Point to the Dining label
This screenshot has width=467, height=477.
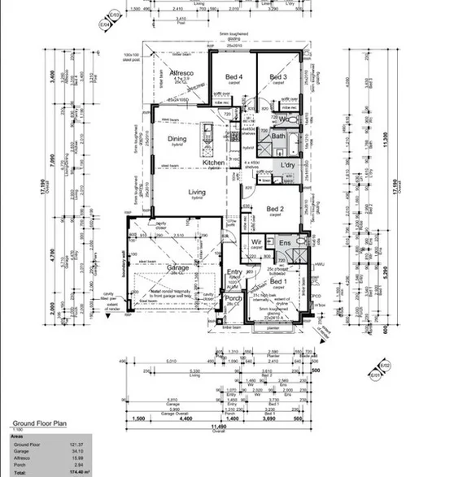(x=177, y=139)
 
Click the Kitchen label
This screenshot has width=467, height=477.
(x=213, y=163)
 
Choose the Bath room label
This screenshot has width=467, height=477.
(x=278, y=137)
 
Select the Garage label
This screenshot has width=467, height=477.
(x=178, y=267)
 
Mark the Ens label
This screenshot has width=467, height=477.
(x=285, y=243)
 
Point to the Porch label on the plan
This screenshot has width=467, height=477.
(x=233, y=297)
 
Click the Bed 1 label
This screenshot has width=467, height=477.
(x=277, y=281)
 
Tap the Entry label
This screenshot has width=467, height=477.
(x=234, y=272)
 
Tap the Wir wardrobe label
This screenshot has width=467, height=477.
(x=255, y=242)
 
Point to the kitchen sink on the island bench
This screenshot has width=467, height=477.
(x=207, y=132)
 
